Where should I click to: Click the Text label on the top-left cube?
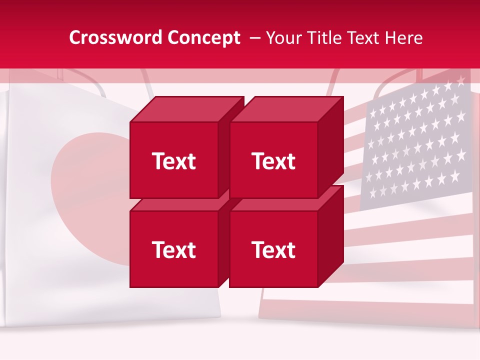tap(174, 161)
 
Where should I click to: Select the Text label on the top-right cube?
tap(273, 161)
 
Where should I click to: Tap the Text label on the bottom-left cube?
tap(174, 249)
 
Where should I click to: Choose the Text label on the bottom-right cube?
tap(273, 249)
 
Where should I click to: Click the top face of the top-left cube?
tap(186, 109)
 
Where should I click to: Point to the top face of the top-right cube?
tap(286, 109)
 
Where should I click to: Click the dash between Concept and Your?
tap(254, 38)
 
